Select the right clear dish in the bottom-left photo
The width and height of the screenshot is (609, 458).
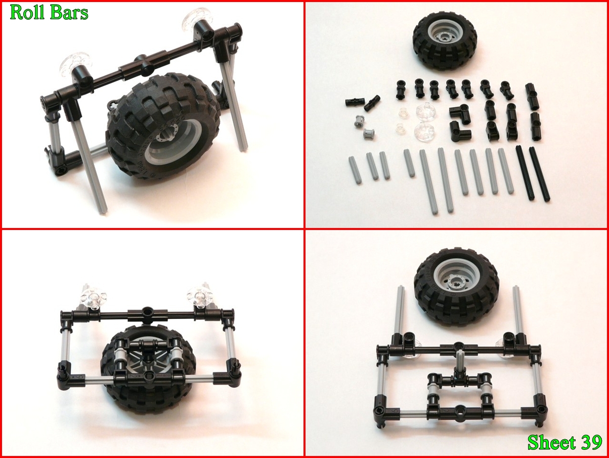point(200,296)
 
